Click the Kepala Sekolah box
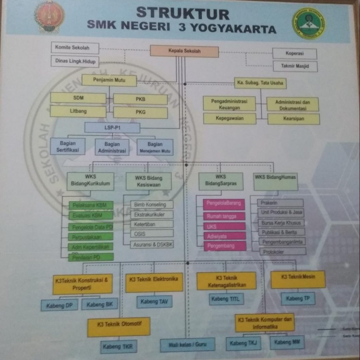point(185,51)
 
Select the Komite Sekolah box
point(75,47)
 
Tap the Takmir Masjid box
point(295,66)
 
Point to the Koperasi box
point(295,54)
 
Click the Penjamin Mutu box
point(109,80)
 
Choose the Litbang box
point(78,111)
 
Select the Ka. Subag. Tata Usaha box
point(260,83)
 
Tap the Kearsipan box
point(294,119)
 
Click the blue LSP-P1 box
point(112,128)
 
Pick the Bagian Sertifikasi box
point(67,147)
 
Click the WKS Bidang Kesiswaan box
point(149,181)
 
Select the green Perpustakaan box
point(91,237)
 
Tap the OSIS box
point(152,233)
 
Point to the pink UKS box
point(224,226)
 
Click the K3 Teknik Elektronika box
point(154,282)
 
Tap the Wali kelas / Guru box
point(187,345)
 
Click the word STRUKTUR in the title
point(182,13)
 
